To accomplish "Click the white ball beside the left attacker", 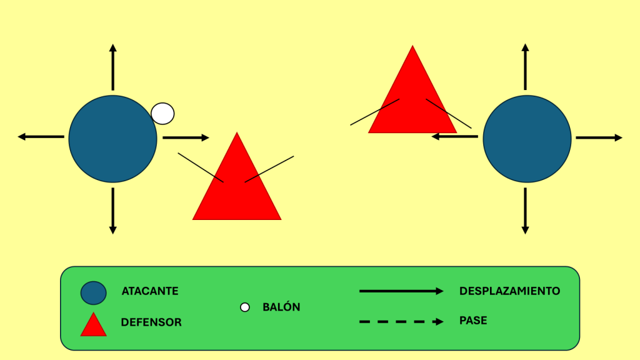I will click(162, 113).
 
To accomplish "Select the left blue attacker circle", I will click(112, 139).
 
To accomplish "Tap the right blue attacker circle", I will click(527, 139).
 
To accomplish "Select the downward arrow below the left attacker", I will click(112, 211).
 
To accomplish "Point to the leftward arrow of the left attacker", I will click(41, 136).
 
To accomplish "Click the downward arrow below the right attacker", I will click(525, 211).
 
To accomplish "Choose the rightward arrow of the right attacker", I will click(599, 137).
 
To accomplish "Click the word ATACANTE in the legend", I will click(150, 291).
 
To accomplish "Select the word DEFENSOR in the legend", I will click(151, 322).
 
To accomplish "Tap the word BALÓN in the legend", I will click(281, 307).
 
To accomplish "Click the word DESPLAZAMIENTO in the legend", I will click(509, 291).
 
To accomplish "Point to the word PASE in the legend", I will click(473, 321).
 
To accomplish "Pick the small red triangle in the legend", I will click(94, 326).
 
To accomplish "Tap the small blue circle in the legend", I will click(94, 292).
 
